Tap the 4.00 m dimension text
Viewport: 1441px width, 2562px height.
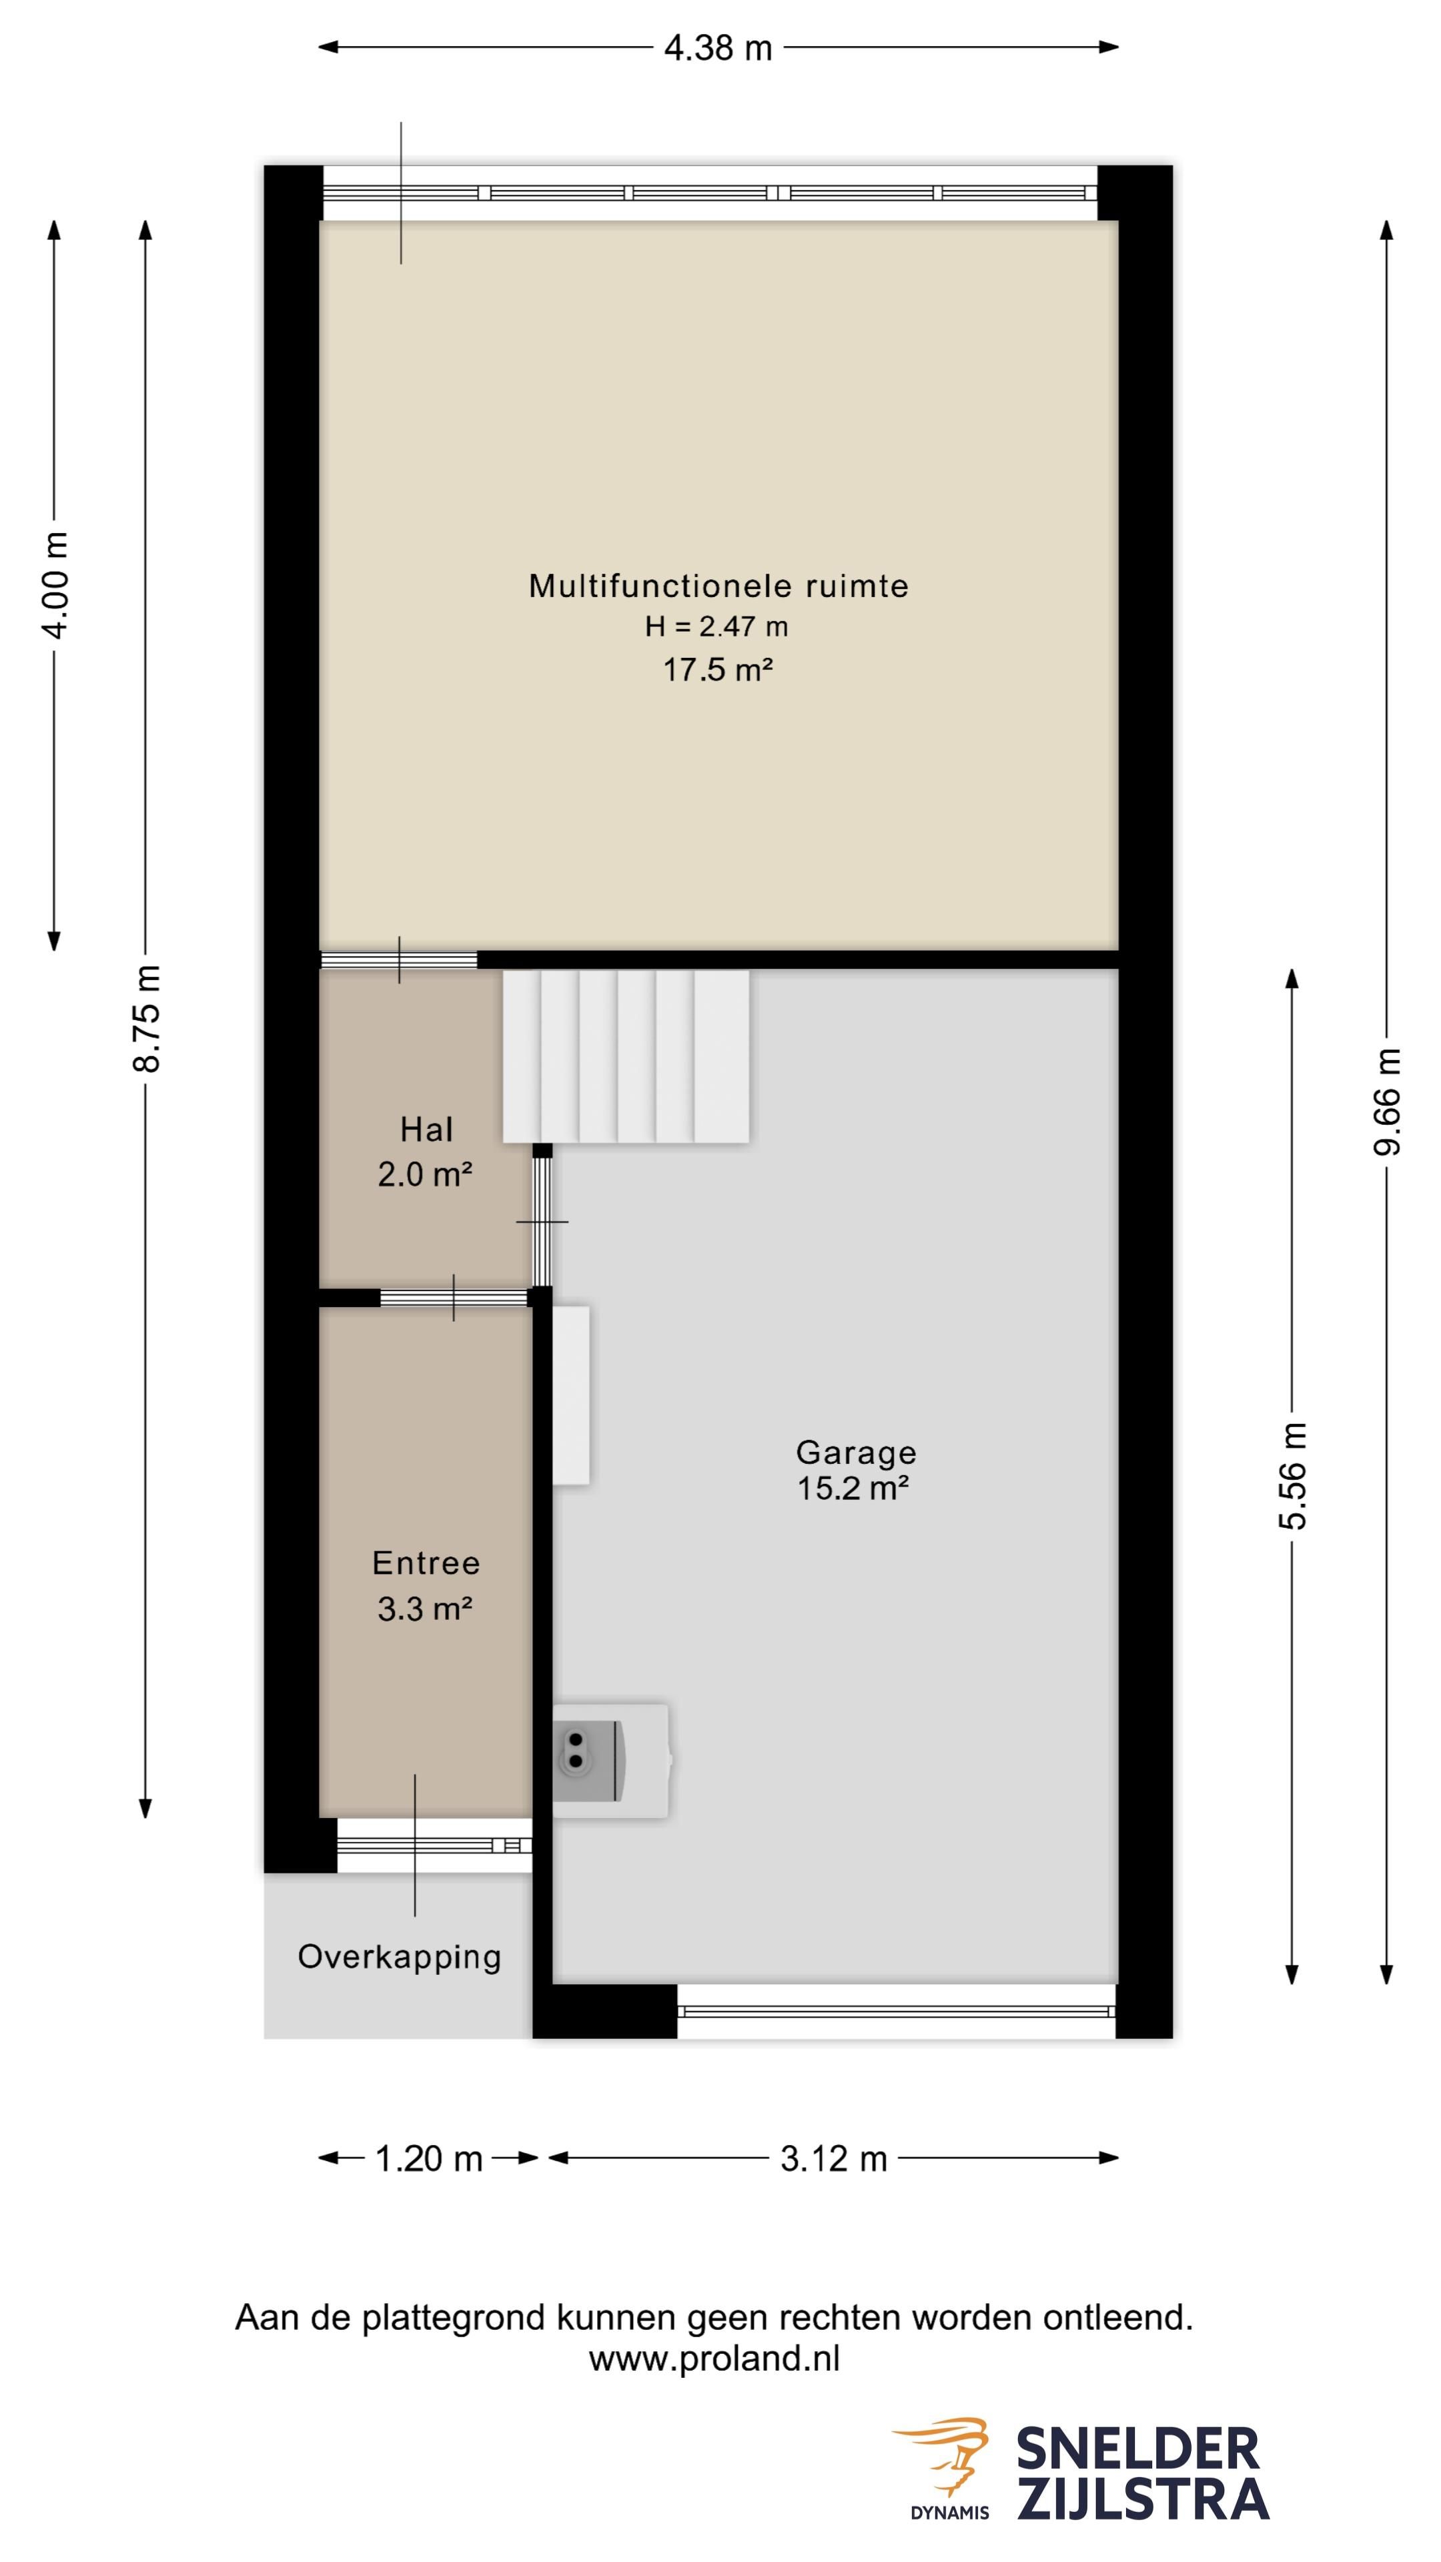[55, 585]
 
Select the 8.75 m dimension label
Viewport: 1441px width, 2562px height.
[146, 1018]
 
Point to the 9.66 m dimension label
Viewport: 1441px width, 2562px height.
[1386, 1101]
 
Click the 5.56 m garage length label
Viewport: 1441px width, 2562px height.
[1293, 1475]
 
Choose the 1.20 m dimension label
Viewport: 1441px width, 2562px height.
[428, 2158]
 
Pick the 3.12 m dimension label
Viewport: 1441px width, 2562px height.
[833, 2158]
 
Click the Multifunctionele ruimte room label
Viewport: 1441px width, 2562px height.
[718, 586]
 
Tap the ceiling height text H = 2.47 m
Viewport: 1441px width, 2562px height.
[716, 626]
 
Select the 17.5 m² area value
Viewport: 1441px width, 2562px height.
[718, 669]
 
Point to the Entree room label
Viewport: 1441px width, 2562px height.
[426, 1563]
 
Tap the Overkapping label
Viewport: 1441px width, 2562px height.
[399, 1956]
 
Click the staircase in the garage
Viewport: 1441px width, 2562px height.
[626, 1056]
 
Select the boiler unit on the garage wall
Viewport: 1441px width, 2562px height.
[610, 1761]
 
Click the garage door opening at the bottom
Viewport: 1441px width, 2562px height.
[896, 2011]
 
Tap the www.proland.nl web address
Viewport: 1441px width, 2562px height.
[714, 2358]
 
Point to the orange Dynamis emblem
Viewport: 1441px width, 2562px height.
[943, 2449]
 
